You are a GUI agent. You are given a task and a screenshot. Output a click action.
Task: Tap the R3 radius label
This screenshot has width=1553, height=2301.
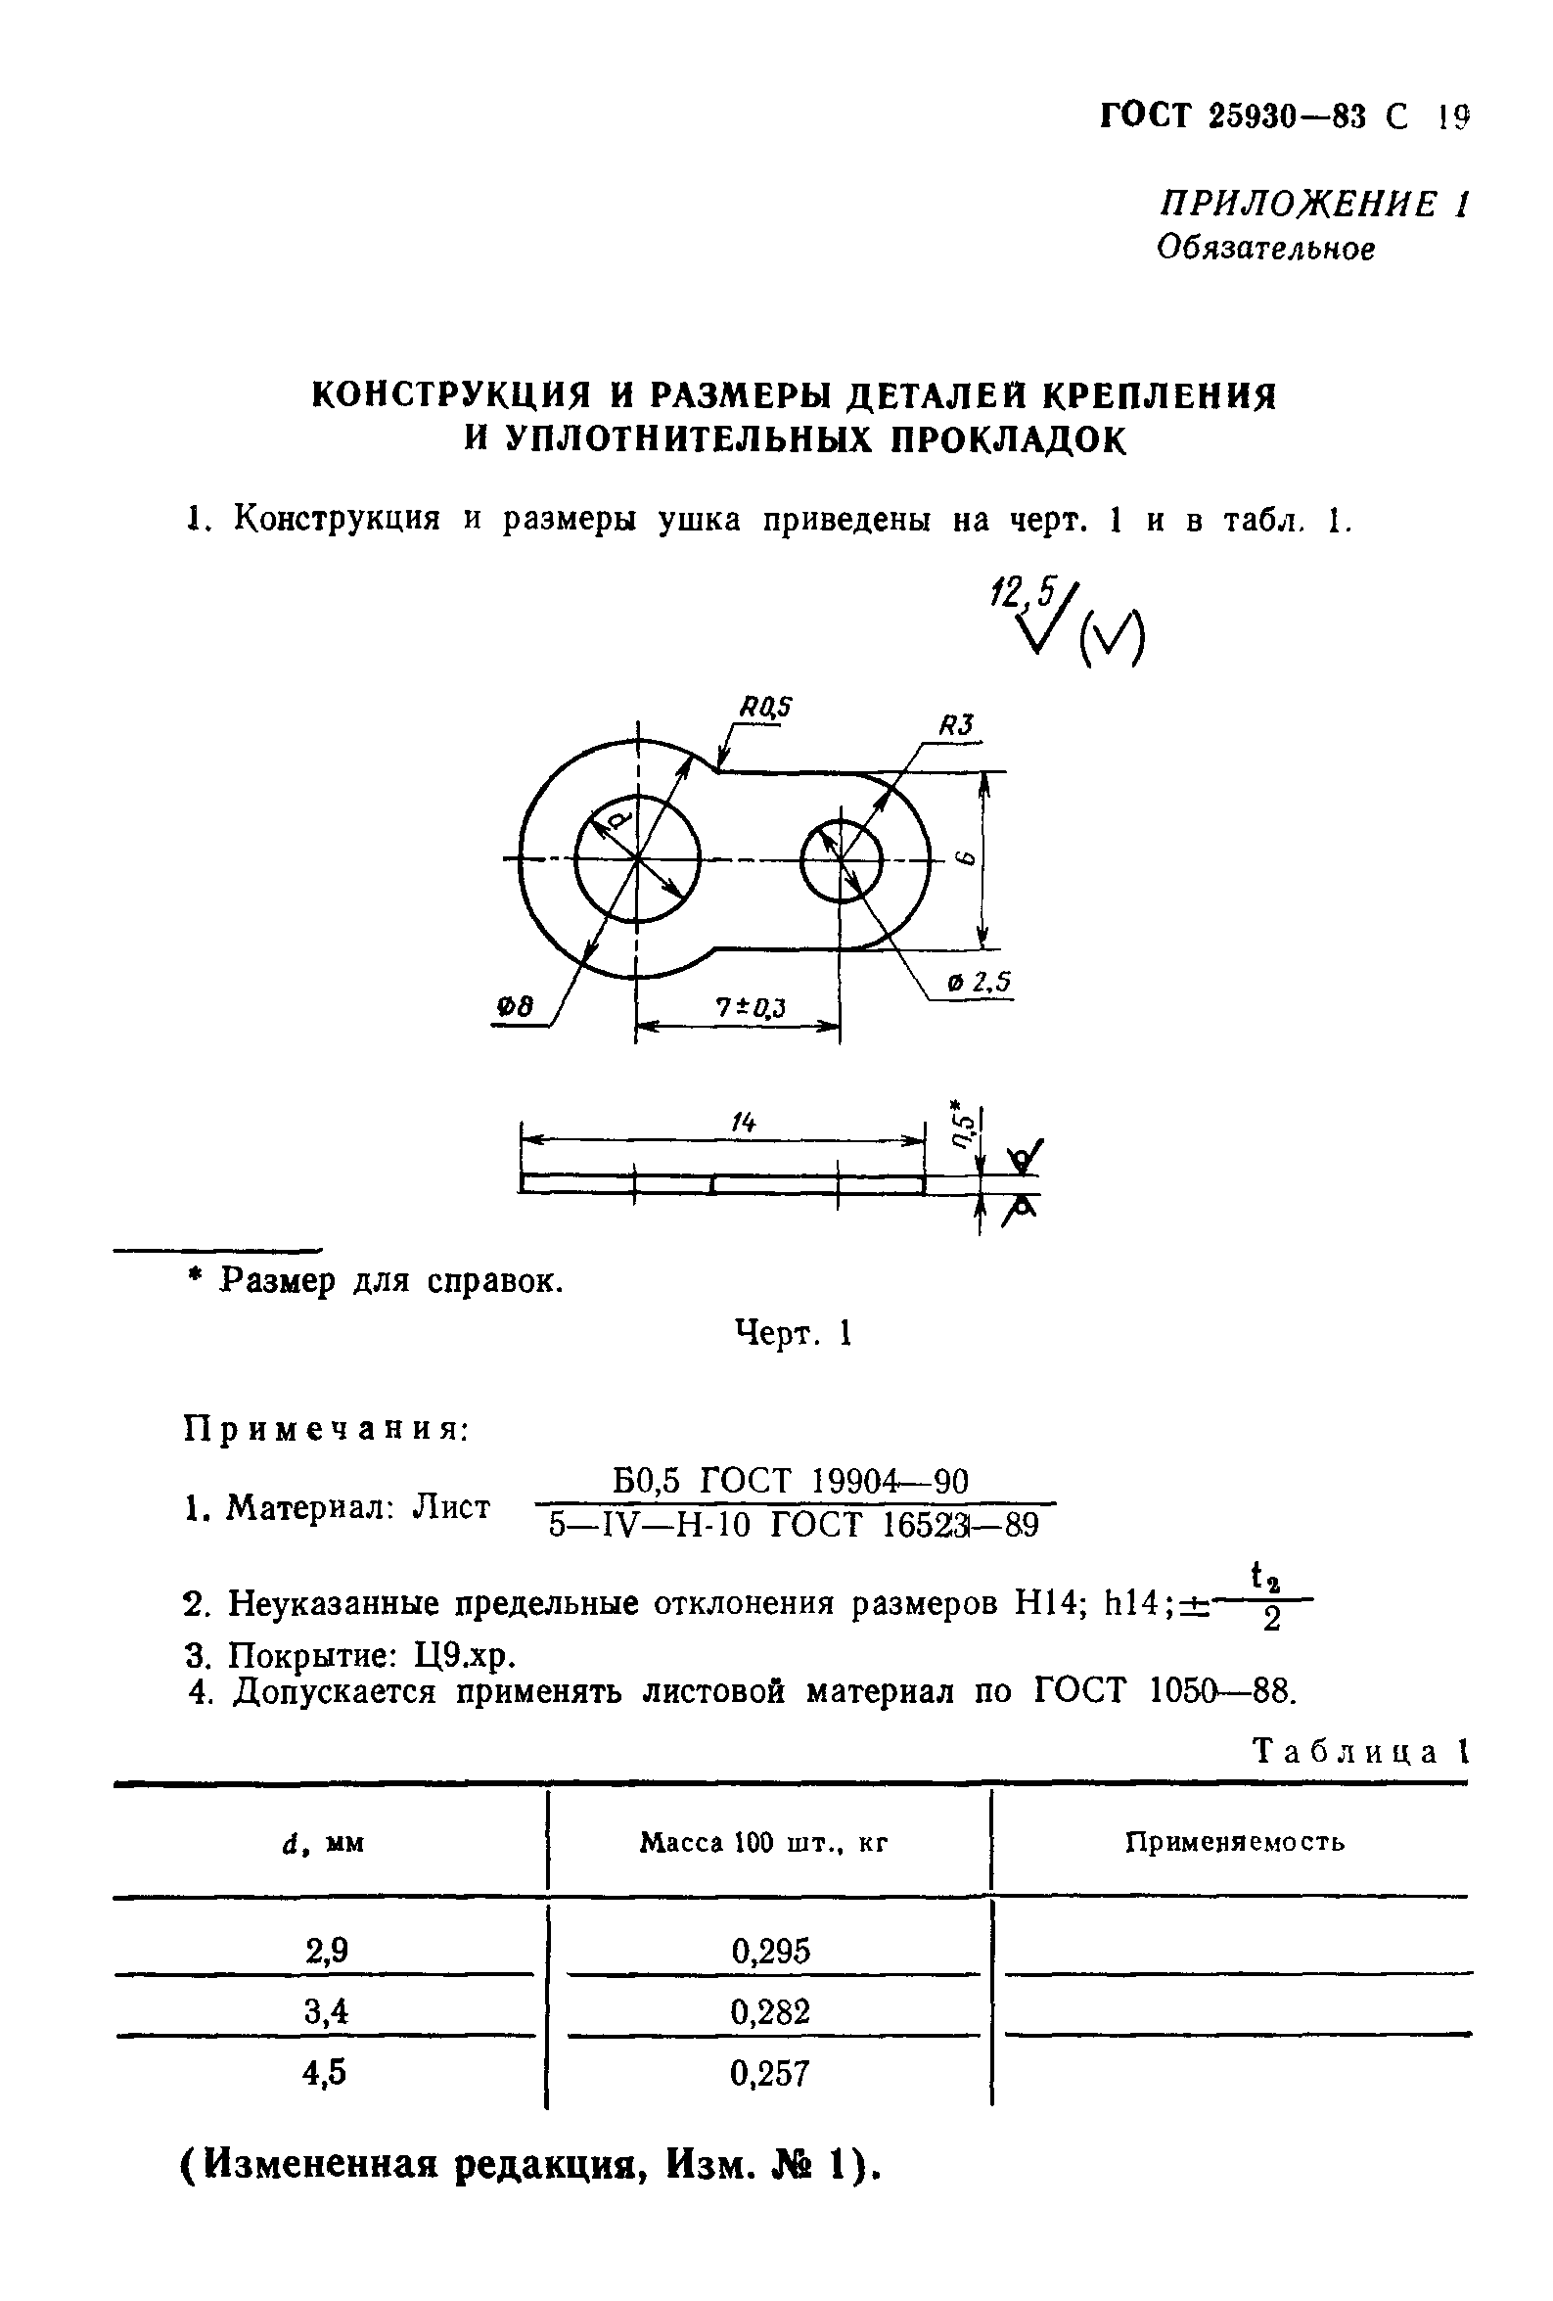pyautogui.click(x=956, y=726)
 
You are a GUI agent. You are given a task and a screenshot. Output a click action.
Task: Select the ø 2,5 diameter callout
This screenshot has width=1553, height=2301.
pyautogui.click(x=978, y=983)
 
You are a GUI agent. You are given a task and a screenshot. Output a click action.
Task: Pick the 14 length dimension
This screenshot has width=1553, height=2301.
pyautogui.click(x=743, y=1122)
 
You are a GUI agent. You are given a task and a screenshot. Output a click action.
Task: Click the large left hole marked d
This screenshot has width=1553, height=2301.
pyautogui.click(x=636, y=857)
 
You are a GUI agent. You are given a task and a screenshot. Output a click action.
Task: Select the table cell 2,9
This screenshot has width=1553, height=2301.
pyautogui.click(x=327, y=1950)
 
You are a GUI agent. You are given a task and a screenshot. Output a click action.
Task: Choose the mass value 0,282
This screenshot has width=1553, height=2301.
pyautogui.click(x=770, y=2011)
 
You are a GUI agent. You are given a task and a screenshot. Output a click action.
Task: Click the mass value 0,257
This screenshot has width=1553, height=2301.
pyautogui.click(x=770, y=2072)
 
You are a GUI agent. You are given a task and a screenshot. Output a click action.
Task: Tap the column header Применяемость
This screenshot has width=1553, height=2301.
pyautogui.click(x=1234, y=1843)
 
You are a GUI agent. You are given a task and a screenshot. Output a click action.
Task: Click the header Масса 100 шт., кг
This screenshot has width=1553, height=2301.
pyautogui.click(x=764, y=1843)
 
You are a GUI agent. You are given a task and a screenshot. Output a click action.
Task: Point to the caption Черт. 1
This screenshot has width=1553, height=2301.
pyautogui.click(x=793, y=1334)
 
